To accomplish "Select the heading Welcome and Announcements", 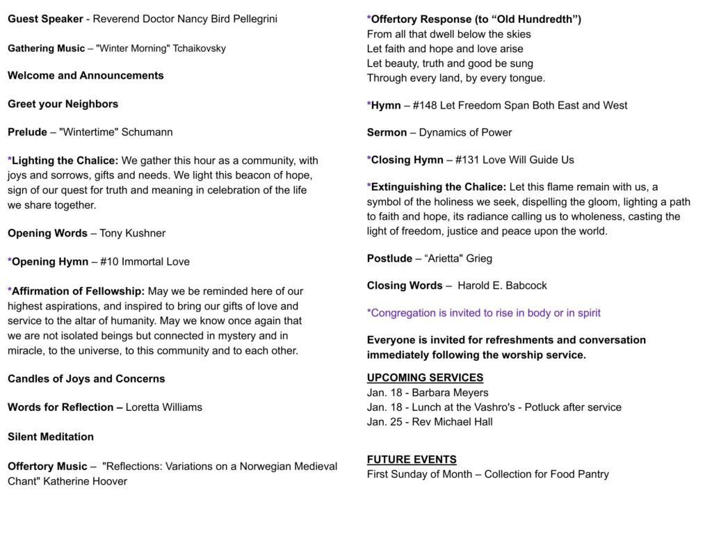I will tap(86, 76).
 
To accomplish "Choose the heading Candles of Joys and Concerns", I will tap(86, 379).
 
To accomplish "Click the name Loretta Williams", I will tap(164, 407).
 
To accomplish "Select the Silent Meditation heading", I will tap(51, 437).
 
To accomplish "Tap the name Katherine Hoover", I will tap(86, 481).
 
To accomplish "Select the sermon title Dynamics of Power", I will tap(465, 133).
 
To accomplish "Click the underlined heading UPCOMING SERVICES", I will tap(425, 378).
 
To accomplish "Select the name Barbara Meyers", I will tap(451, 393).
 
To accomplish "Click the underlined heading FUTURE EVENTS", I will tap(412, 460).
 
